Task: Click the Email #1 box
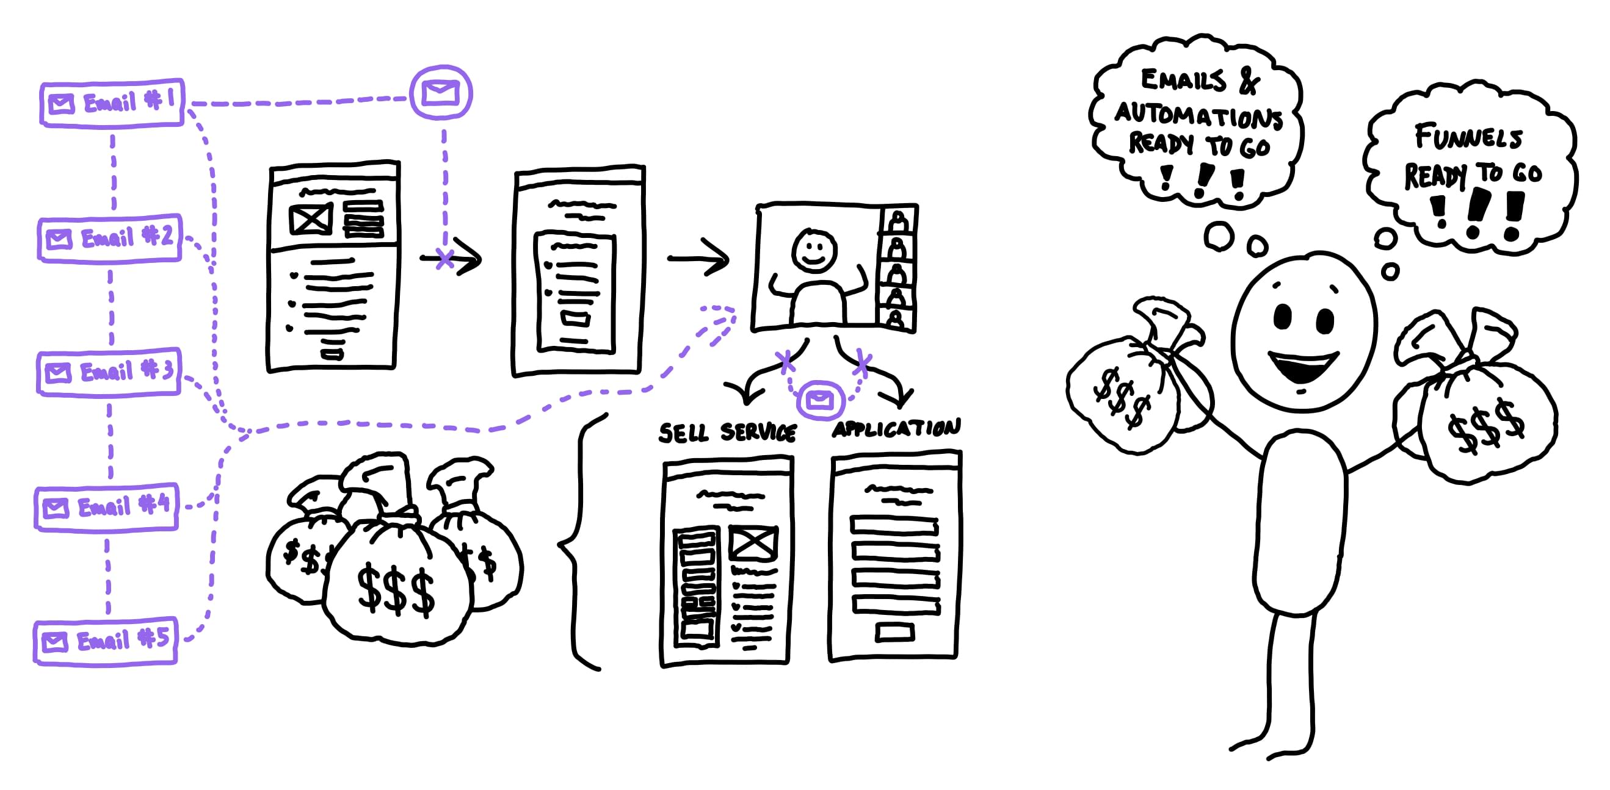click(x=112, y=102)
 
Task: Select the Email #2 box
click(x=110, y=238)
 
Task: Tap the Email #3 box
click(x=109, y=372)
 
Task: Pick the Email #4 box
click(x=107, y=506)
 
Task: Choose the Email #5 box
click(x=106, y=641)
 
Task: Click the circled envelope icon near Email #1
click(x=441, y=93)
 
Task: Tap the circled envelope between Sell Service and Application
click(x=820, y=400)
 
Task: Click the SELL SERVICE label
click(x=728, y=432)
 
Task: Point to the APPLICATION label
click(x=896, y=428)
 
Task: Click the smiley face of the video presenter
click(x=814, y=251)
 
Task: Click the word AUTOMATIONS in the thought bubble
click(x=1198, y=115)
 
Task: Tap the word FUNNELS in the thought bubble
click(x=1469, y=137)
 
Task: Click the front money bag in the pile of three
click(x=397, y=581)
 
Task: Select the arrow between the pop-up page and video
click(x=698, y=257)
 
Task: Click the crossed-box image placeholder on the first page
click(x=311, y=220)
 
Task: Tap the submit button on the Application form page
click(x=894, y=633)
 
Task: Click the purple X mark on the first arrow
click(x=444, y=258)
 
